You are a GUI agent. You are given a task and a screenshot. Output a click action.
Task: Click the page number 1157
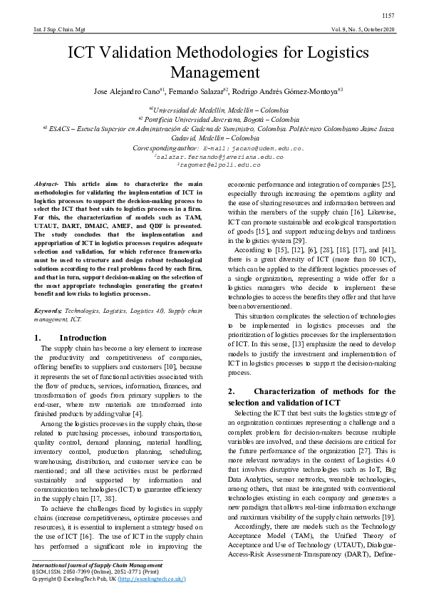(x=388, y=16)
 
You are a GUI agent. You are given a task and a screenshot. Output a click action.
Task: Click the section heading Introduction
(x=83, y=337)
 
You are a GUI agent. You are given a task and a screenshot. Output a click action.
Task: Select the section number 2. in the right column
(x=231, y=391)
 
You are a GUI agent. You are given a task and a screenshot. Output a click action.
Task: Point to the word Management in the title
(x=212, y=73)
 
